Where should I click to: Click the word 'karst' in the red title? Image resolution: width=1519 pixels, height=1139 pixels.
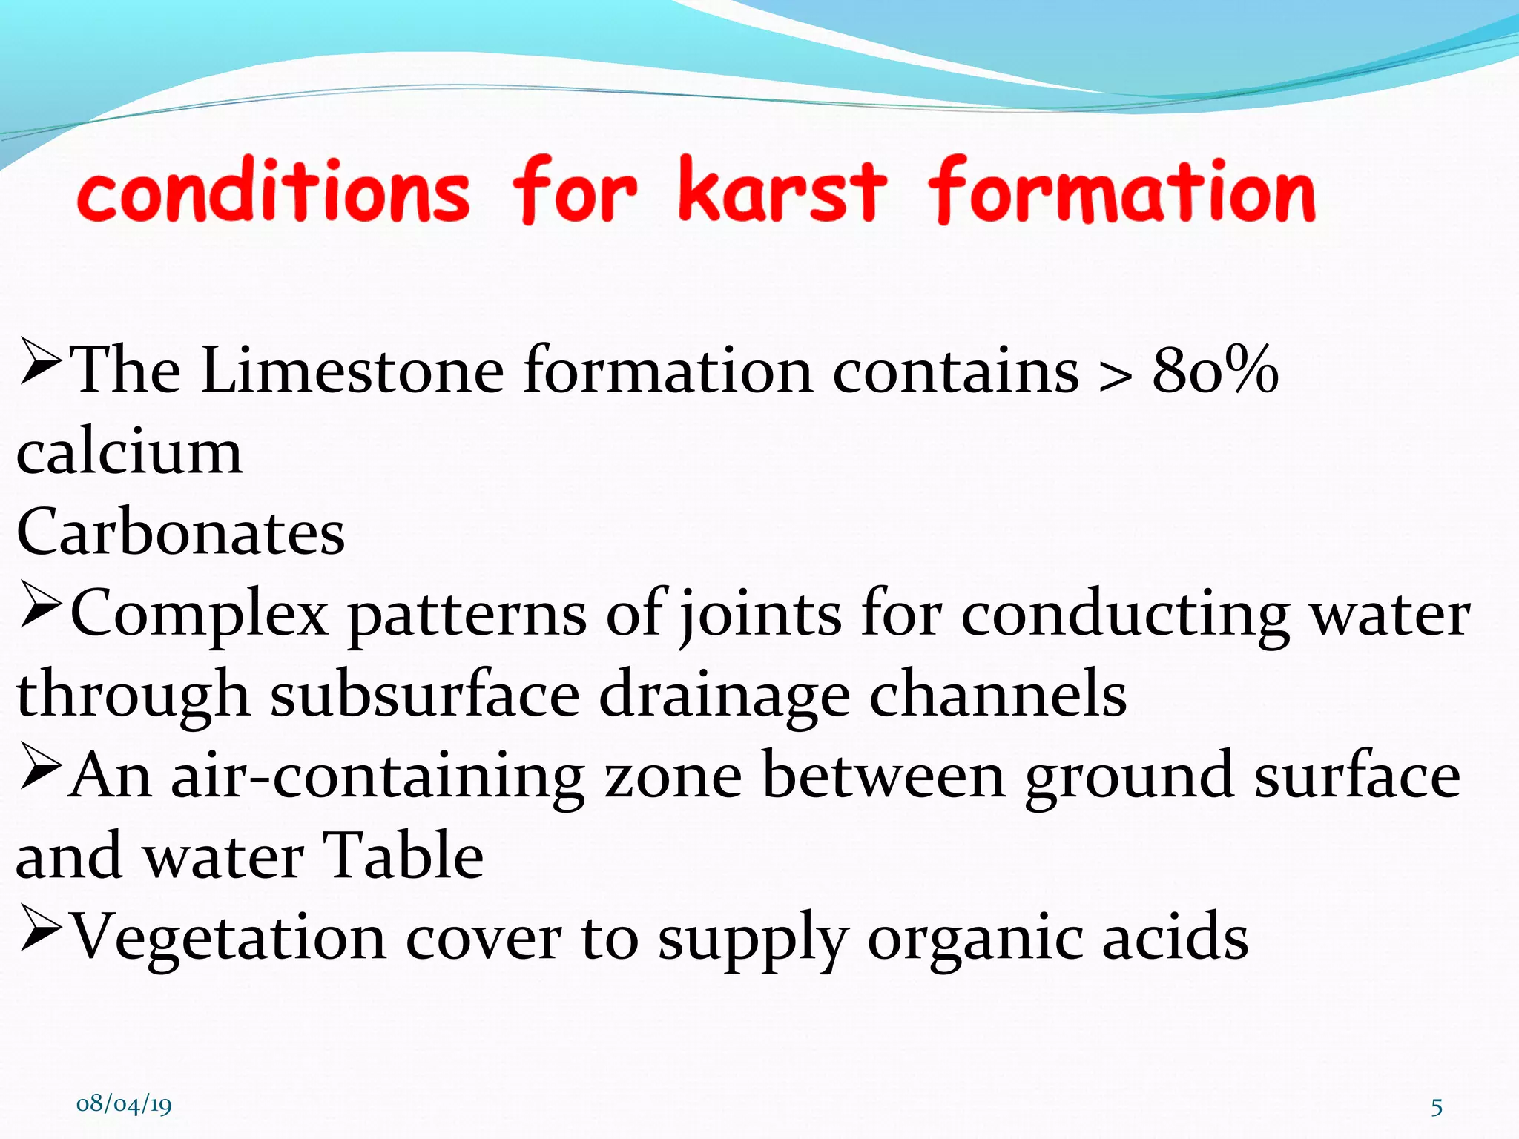pyautogui.click(x=782, y=191)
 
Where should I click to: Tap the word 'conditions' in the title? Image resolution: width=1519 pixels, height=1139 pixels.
pyautogui.click(x=273, y=191)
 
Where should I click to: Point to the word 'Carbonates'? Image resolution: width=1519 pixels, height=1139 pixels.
pyautogui.click(x=180, y=532)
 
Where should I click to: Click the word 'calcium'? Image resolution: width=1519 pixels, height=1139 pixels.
pyautogui.click(x=129, y=452)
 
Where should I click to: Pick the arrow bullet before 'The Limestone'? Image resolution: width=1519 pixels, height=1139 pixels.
pyautogui.click(x=40, y=361)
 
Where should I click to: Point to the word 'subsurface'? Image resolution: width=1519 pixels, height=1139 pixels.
pyautogui.click(x=424, y=696)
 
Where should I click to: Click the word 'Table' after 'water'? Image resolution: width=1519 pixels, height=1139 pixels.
pyautogui.click(x=403, y=856)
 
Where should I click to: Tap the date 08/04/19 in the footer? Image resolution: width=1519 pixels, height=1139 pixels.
pyautogui.click(x=124, y=1104)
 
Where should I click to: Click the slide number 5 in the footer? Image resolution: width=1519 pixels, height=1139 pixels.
pyautogui.click(x=1437, y=1108)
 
